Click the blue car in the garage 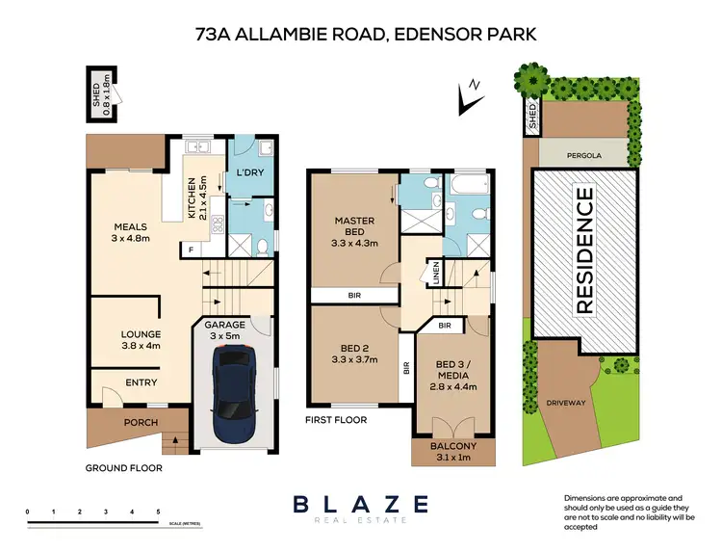(x=233, y=383)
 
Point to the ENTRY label (x=141, y=382)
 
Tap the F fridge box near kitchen (x=191, y=249)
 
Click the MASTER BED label (x=354, y=226)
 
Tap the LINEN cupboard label (x=436, y=273)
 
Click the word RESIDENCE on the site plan (x=584, y=250)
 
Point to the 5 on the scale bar (x=158, y=513)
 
